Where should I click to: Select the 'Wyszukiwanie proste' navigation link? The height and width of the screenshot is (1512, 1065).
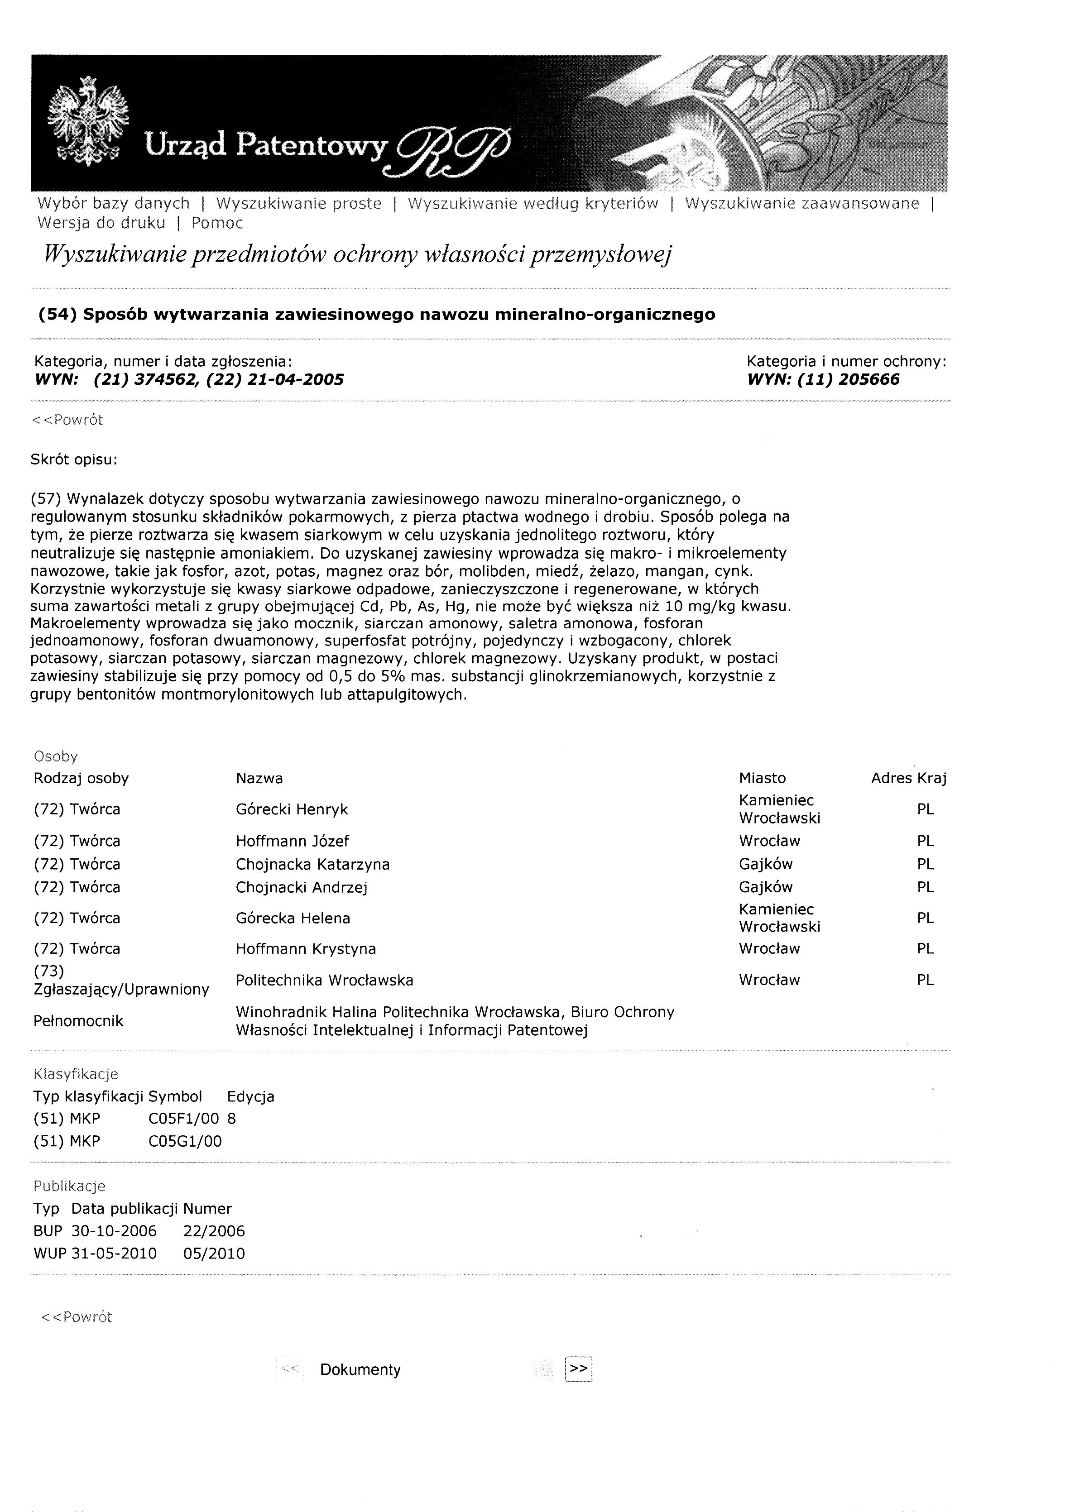tap(298, 204)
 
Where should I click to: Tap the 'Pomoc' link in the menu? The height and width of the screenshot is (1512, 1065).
tap(217, 223)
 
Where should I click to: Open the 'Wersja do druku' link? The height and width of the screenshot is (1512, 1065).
tap(101, 223)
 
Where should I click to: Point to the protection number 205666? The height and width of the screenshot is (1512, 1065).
tap(869, 379)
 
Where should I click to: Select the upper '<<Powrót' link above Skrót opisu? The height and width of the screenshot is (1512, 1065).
tap(67, 420)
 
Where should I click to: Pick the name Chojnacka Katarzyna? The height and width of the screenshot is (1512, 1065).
tap(312, 864)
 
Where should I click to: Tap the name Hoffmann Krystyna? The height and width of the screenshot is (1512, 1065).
tap(306, 948)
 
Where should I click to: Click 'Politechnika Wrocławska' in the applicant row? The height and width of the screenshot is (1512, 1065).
tap(324, 980)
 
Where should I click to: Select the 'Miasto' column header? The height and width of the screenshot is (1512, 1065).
tap(762, 778)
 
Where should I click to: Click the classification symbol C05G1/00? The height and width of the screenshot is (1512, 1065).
tap(185, 1141)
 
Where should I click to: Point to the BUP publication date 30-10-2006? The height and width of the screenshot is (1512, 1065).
tap(114, 1231)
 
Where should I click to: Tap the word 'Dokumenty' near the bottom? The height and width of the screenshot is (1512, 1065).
tap(360, 1370)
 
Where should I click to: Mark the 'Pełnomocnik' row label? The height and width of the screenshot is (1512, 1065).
tap(78, 1021)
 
